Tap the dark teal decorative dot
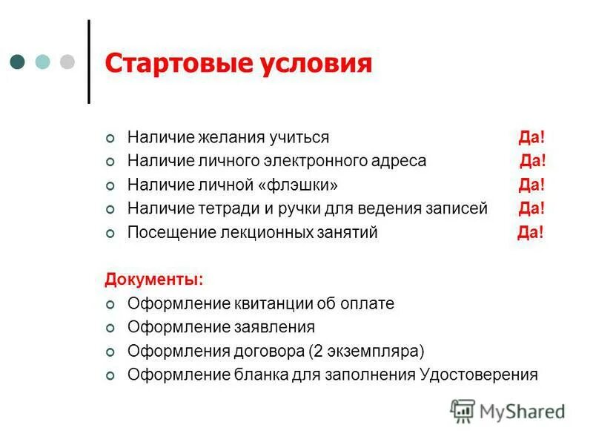(18, 61)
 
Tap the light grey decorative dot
(67, 61)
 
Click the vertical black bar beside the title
(90, 62)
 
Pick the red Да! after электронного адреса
(533, 162)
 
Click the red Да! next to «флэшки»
(531, 185)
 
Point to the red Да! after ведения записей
(532, 209)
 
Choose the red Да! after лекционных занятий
(530, 233)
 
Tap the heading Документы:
(153, 280)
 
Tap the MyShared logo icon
(463, 411)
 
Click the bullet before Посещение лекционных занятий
(111, 234)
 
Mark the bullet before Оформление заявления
(111, 328)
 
